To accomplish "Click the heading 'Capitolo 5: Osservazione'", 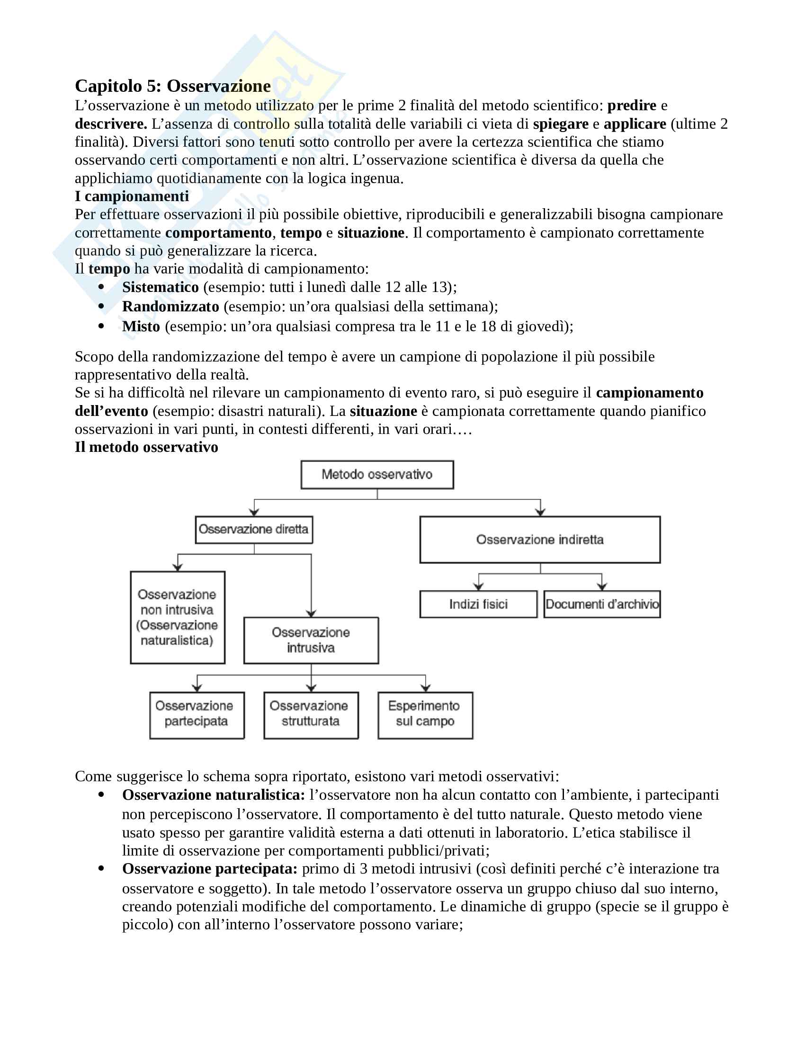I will [173, 86].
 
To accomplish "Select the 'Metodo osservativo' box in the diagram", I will [377, 474].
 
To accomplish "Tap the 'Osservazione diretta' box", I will [254, 529].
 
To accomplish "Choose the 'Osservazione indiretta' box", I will [540, 539].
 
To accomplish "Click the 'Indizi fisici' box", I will [478, 604].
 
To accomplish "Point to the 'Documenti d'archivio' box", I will [602, 604].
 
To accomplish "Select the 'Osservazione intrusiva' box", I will [311, 640].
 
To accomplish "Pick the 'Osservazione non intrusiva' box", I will [178, 617].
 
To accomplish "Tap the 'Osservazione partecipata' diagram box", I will [197, 715].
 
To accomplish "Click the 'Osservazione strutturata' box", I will [311, 715].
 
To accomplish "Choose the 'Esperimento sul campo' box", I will [425, 715].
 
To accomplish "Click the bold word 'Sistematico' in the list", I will [160, 287].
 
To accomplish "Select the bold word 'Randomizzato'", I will [170, 307].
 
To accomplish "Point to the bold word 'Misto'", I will [141, 326].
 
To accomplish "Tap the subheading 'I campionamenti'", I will [132, 196].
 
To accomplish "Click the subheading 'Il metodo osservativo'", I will [146, 447].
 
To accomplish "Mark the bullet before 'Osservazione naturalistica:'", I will [101, 794].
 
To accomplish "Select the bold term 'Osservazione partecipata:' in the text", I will [210, 868].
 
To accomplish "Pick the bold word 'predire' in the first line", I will [631, 106].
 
